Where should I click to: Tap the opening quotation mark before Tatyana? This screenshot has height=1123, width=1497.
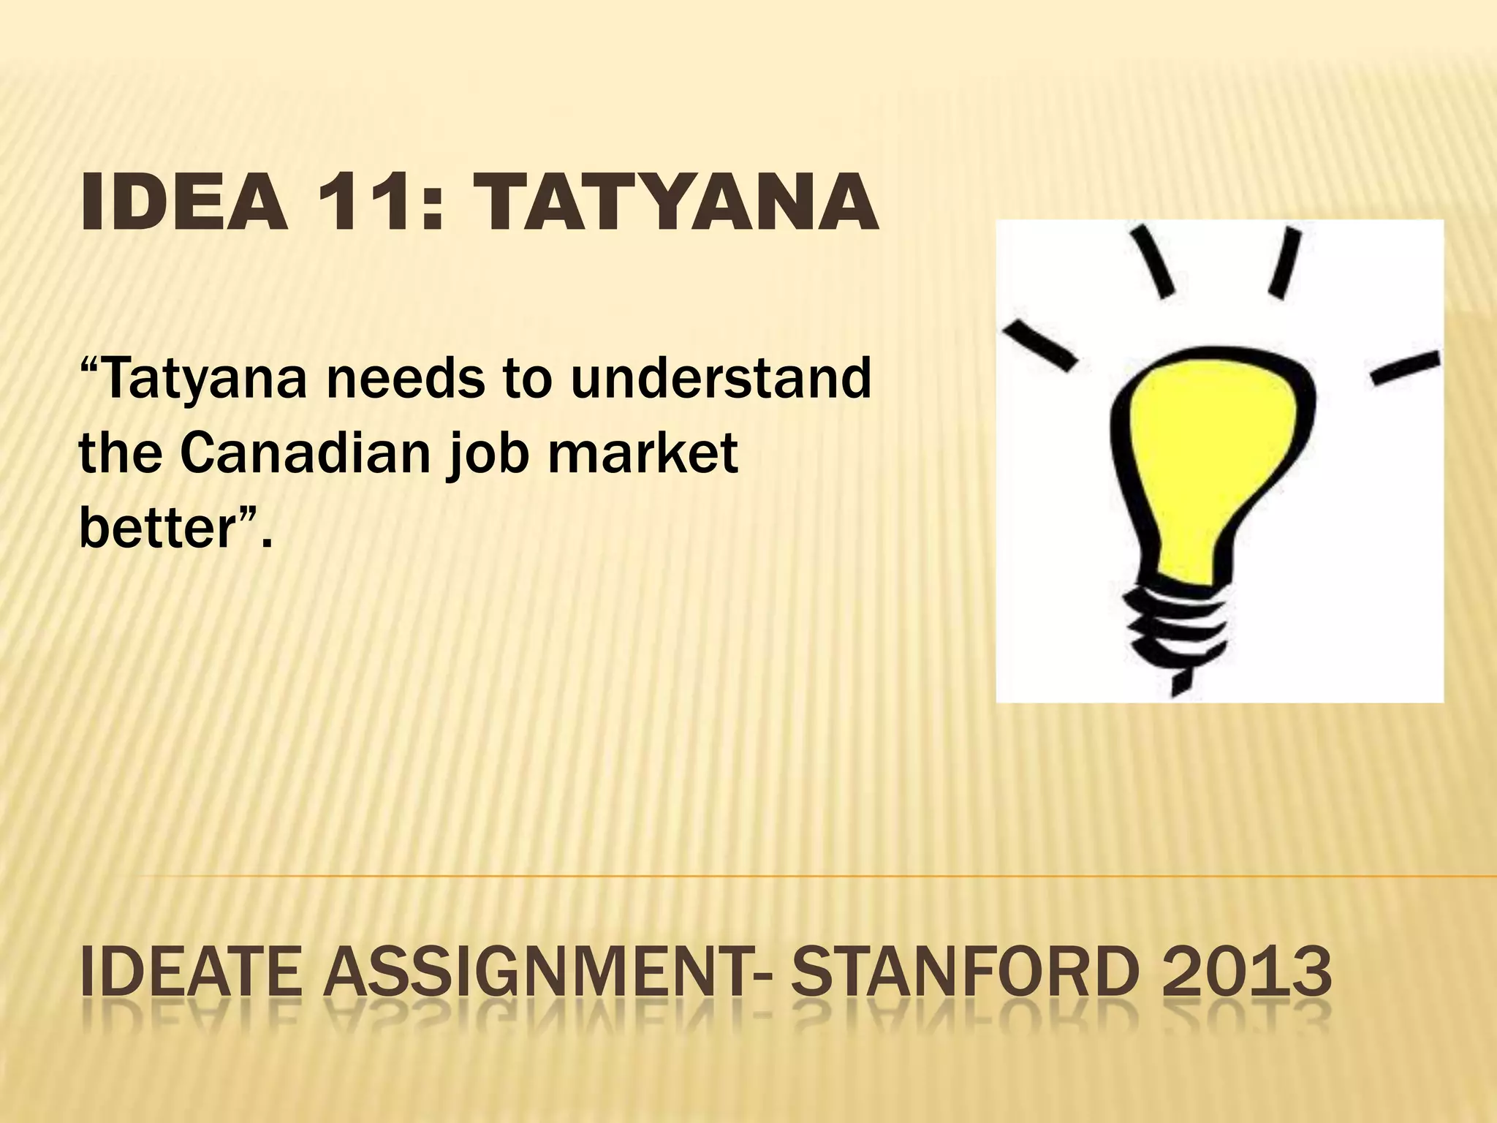coord(89,363)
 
